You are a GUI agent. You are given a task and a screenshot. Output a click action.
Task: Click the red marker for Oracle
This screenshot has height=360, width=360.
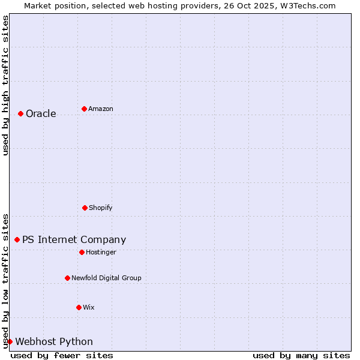[20, 113]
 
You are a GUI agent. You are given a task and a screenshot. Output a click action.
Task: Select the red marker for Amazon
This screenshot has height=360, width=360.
[84, 109]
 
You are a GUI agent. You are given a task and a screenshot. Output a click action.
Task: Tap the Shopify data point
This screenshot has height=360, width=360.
[85, 208]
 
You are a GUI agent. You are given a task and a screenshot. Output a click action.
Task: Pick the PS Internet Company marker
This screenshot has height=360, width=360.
[17, 239]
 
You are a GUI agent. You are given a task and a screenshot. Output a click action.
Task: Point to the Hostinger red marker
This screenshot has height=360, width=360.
[82, 252]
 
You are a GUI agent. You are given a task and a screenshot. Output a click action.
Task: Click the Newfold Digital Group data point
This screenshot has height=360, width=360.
[67, 278]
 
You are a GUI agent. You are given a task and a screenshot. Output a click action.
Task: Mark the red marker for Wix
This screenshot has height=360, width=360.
[79, 307]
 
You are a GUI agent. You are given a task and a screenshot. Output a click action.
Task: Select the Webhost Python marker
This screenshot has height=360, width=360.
[10, 341]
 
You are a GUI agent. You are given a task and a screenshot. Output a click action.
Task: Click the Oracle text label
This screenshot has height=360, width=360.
[41, 114]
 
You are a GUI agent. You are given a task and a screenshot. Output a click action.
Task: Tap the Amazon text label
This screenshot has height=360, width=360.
[101, 109]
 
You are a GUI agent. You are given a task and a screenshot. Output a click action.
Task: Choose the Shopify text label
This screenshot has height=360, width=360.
[101, 208]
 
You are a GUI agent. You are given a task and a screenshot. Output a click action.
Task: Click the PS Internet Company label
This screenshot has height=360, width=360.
[74, 240]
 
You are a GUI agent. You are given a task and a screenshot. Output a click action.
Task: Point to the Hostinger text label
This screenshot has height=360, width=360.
[101, 253]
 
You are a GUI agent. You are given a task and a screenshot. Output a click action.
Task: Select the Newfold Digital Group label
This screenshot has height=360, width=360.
[106, 278]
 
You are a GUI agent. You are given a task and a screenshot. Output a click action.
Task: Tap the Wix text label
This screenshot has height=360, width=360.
[89, 308]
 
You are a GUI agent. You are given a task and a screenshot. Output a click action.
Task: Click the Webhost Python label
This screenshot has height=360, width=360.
[54, 342]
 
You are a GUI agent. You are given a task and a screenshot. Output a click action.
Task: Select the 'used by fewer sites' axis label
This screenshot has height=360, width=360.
[62, 355]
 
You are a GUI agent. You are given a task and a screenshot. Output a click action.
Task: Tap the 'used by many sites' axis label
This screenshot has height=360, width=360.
[301, 355]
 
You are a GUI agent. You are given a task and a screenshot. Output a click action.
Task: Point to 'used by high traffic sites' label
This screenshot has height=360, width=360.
[5, 85]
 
